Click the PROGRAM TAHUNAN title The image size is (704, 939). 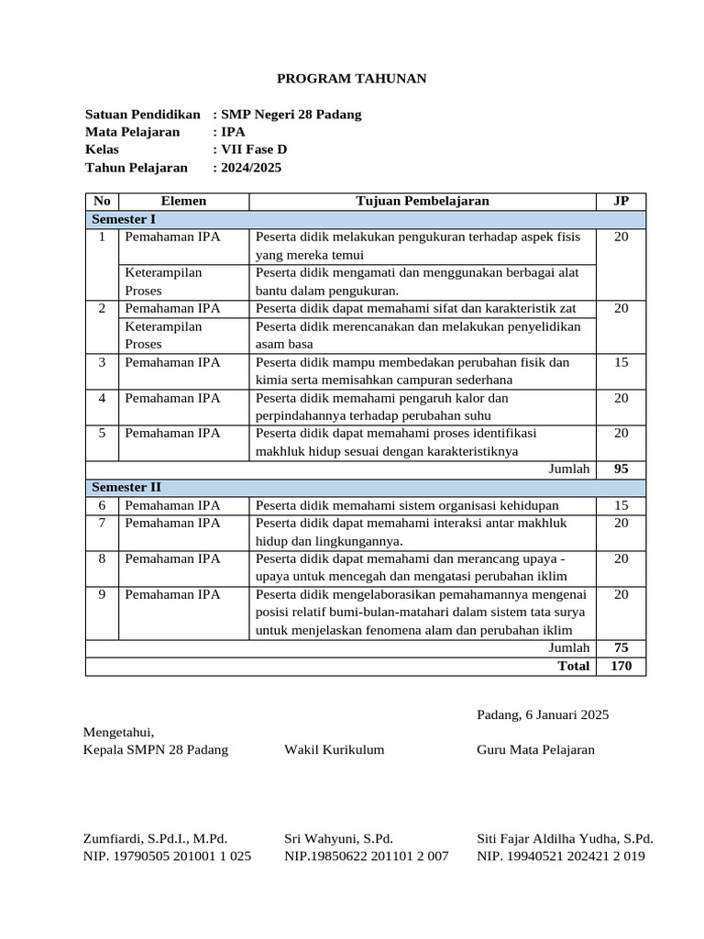point(352,79)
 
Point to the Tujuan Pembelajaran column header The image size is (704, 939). point(423,201)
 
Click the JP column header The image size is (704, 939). point(621,201)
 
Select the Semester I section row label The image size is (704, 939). point(124,219)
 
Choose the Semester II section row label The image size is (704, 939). point(126,487)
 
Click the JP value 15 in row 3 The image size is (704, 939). point(621,362)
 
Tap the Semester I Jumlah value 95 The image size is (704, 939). point(621,469)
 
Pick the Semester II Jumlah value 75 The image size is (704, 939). point(621,647)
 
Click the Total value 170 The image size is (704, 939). point(621,666)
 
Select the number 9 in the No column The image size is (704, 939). point(102,594)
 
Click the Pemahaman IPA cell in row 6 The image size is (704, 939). point(172,505)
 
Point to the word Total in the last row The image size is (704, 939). point(573,666)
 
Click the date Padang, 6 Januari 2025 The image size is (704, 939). point(543,714)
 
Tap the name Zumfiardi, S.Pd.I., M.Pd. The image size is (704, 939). point(155,838)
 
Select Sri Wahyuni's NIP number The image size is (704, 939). point(366,856)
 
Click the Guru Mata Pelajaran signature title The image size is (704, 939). point(535,749)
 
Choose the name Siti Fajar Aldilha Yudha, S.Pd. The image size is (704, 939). point(565,838)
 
